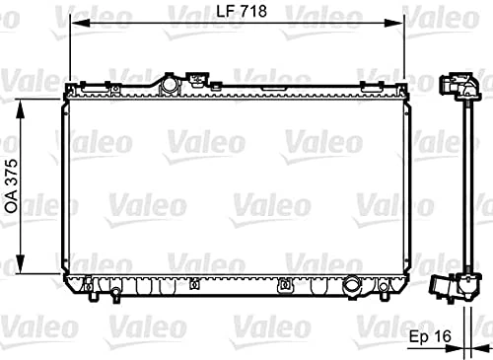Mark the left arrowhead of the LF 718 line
[72, 31]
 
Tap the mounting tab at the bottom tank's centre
[285, 286]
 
